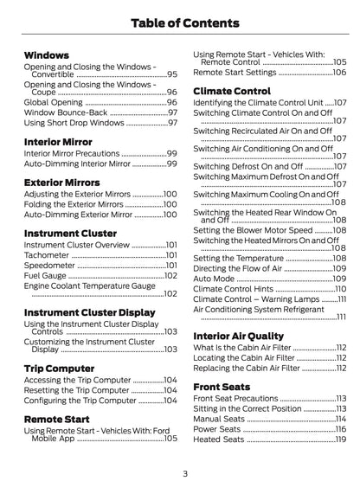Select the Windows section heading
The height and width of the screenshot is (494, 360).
[x=48, y=55]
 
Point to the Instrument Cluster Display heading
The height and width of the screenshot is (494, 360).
[x=90, y=311]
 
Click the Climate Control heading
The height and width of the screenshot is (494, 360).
[x=232, y=90]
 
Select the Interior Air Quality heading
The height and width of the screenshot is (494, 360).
[x=238, y=335]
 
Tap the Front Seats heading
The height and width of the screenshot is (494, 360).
[x=223, y=386]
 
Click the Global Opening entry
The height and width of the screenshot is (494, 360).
[x=55, y=102]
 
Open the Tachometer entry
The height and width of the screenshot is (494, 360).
[x=48, y=255]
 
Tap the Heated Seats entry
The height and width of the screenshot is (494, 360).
[x=221, y=439]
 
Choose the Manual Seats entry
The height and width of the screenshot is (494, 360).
[x=221, y=419]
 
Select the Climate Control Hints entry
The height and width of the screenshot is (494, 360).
[x=236, y=289]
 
